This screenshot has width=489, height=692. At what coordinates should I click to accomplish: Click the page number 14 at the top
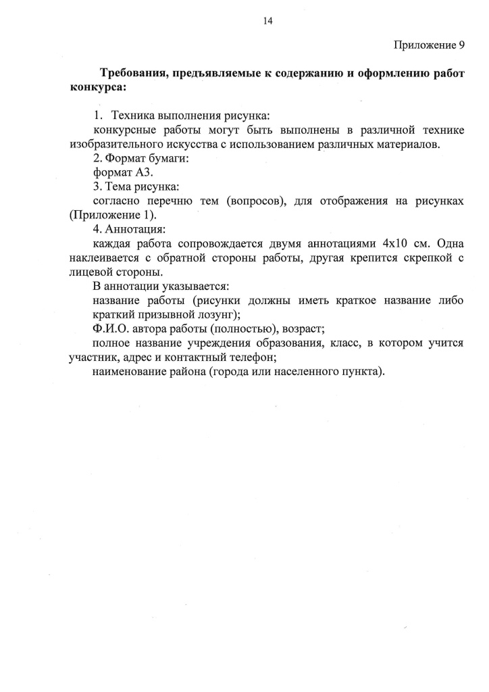tap(267, 22)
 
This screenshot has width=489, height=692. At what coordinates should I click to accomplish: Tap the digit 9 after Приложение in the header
tap(461, 45)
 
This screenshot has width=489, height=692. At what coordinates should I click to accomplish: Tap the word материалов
tap(411, 145)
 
